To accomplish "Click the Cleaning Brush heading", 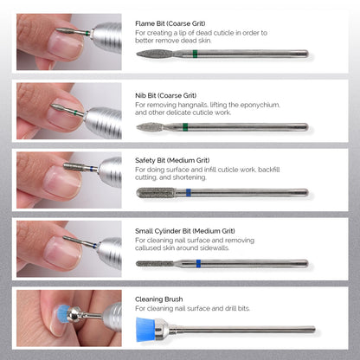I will pyautogui.click(x=160, y=299).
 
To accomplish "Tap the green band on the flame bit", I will pyautogui.click(x=196, y=54).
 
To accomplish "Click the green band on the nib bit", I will pyautogui.click(x=186, y=127).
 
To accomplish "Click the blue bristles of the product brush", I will pyautogui.click(x=150, y=328).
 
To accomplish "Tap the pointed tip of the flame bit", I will pyautogui.click(x=139, y=54).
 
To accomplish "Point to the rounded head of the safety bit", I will pyautogui.click(x=144, y=192).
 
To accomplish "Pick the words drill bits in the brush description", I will pyautogui.click(x=236, y=309).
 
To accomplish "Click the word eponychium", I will pyautogui.click(x=260, y=105).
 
